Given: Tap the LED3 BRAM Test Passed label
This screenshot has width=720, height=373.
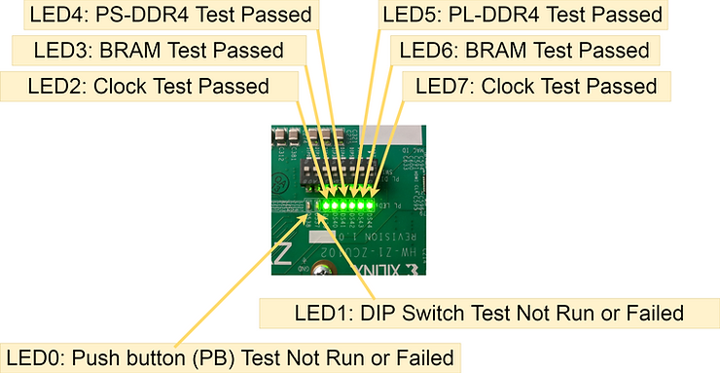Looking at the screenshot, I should [158, 50].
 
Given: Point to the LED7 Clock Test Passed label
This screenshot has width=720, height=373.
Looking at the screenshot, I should [535, 86].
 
